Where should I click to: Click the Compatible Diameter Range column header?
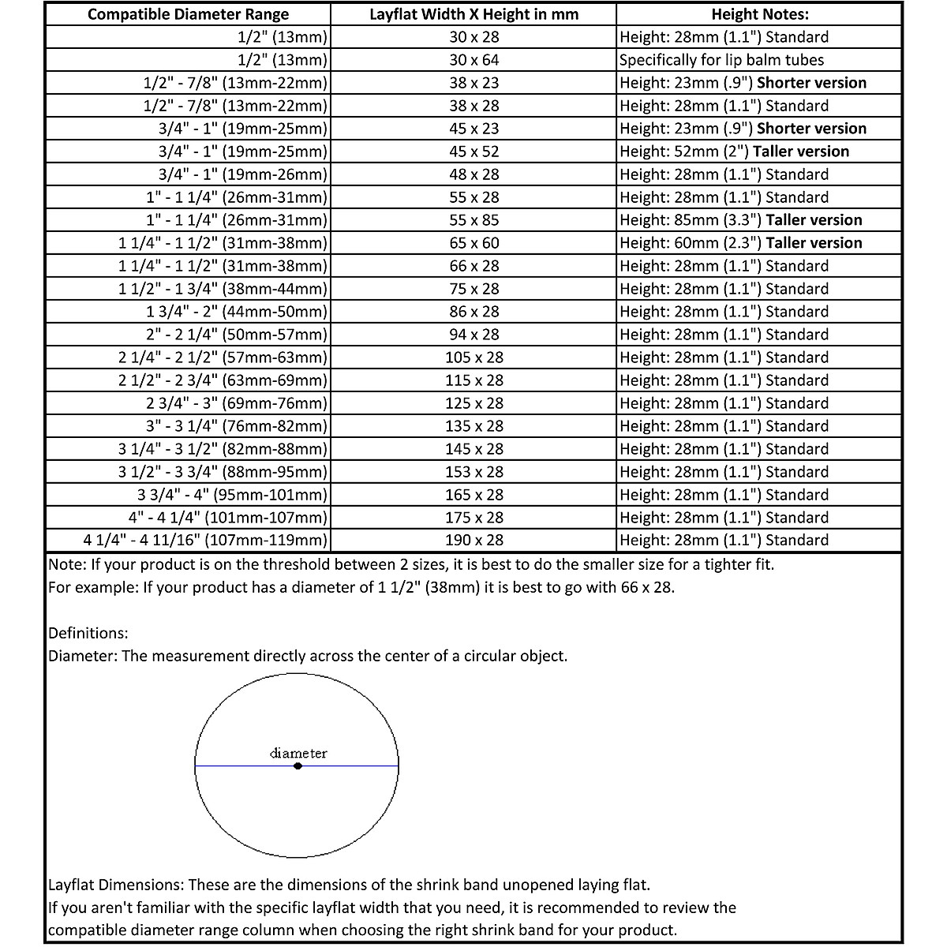point(188,14)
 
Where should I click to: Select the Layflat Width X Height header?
point(473,14)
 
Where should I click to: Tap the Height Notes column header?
point(759,14)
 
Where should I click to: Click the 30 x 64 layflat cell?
point(473,60)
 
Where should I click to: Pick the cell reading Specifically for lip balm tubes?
point(721,60)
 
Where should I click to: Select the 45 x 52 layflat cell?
point(473,152)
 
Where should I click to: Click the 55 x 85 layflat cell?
point(473,220)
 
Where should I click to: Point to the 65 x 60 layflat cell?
point(473,243)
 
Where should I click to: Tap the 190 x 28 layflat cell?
point(473,541)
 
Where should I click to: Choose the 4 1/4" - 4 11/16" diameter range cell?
point(205,541)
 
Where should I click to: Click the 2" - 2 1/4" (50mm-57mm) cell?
point(236,335)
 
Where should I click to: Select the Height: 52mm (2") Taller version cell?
point(734,152)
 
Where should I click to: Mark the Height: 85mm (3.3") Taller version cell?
point(740,220)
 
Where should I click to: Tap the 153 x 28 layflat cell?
point(473,472)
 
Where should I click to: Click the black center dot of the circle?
point(298,765)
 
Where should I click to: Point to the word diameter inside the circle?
point(298,753)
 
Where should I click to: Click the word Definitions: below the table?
point(88,633)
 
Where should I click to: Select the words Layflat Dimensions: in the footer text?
point(115,885)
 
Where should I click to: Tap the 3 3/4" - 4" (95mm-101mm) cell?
point(232,495)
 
